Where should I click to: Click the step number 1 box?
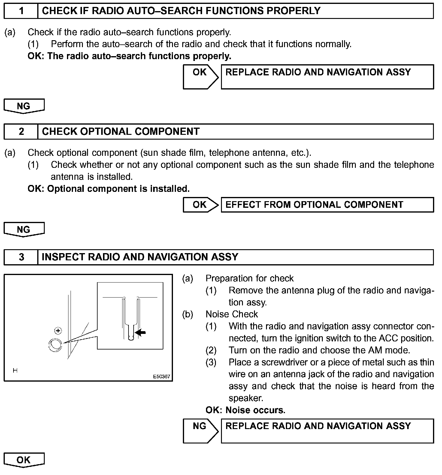[21, 11]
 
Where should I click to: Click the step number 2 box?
[21, 132]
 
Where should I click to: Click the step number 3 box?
[21, 257]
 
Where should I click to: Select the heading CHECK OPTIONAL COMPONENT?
[121, 132]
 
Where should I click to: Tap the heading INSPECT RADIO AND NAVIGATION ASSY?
[140, 257]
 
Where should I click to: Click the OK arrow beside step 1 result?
[201, 77]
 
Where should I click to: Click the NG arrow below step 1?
[24, 106]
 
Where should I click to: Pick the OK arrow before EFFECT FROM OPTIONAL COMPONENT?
[201, 205]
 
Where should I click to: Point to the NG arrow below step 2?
[24, 230]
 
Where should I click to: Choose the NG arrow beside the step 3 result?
[201, 431]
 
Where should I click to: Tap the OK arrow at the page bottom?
[24, 460]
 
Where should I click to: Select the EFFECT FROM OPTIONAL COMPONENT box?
[327, 205]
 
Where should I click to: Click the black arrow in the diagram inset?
[141, 332]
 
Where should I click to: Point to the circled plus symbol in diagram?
[58, 331]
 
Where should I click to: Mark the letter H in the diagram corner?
[15, 371]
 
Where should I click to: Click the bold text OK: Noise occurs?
[245, 410]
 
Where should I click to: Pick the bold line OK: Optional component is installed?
[109, 189]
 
